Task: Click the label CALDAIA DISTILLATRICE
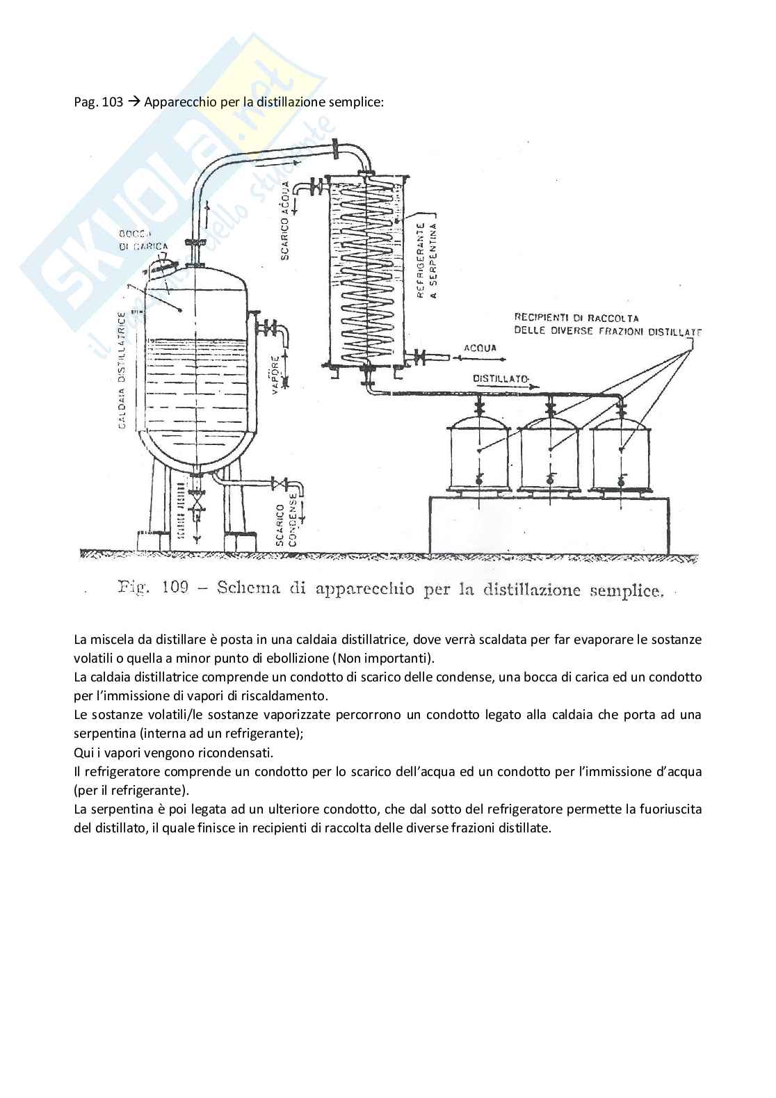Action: click(x=122, y=369)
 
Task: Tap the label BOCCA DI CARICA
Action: click(x=143, y=240)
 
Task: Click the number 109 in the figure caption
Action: click(x=175, y=588)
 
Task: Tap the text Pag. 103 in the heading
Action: click(x=98, y=102)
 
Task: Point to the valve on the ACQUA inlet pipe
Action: click(x=420, y=359)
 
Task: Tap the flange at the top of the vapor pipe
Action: click(x=335, y=148)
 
